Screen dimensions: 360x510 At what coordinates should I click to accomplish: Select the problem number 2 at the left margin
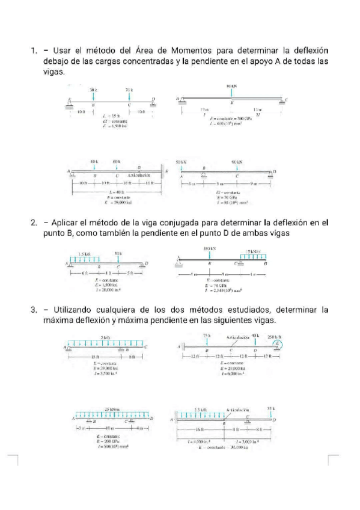click(x=34, y=223)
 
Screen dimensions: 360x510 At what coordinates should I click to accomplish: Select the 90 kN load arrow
click(x=238, y=168)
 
